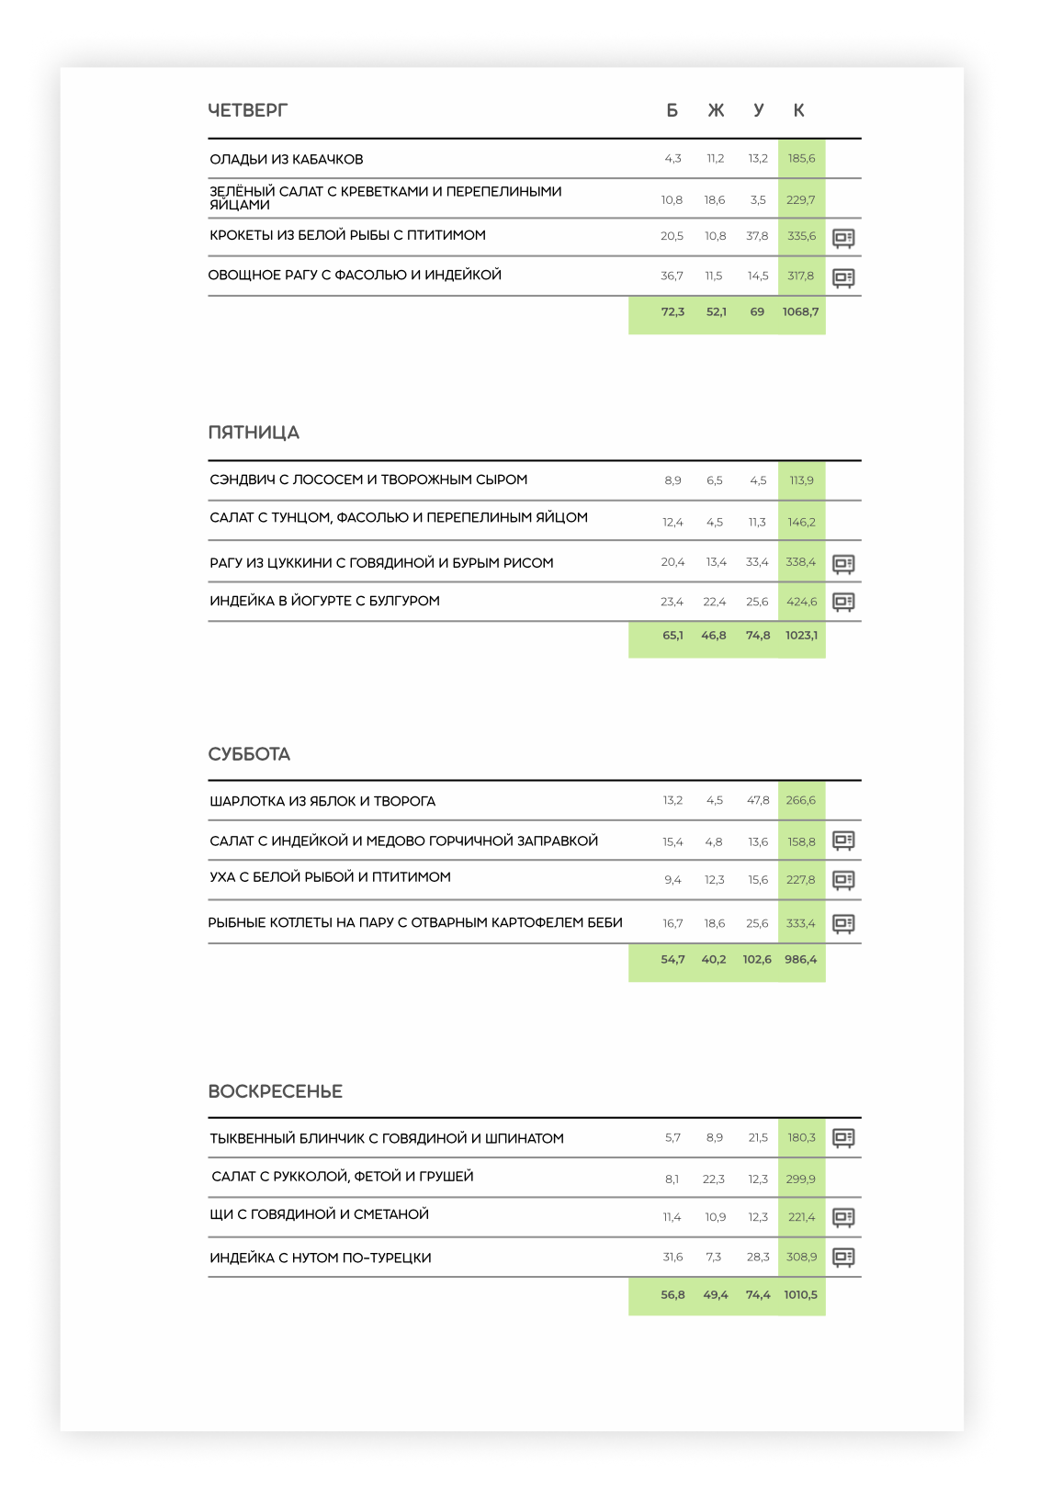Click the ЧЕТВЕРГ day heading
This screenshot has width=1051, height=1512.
point(247,110)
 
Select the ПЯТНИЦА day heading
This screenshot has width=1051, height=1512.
point(254,433)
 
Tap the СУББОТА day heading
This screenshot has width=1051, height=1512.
point(249,754)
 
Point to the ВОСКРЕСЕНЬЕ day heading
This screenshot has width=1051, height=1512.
point(275,1091)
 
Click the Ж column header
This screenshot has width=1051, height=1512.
point(716,110)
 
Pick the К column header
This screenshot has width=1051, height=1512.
point(798,110)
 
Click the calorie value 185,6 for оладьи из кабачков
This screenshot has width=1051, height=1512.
point(801,159)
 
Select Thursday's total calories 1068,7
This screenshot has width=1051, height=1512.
point(800,312)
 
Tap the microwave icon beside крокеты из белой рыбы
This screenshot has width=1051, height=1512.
point(843,238)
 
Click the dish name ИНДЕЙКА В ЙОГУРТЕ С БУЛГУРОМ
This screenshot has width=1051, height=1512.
point(324,601)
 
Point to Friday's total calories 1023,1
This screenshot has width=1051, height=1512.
point(801,636)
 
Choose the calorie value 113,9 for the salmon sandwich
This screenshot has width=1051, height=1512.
point(801,480)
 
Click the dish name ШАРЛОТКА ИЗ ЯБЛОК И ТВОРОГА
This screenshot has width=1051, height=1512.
point(322,801)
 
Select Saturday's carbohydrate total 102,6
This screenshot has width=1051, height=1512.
point(757,960)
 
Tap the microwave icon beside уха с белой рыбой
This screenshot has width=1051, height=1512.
point(843,880)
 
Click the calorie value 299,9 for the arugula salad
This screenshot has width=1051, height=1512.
point(801,1179)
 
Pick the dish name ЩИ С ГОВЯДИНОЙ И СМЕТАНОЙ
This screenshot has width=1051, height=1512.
point(319,1214)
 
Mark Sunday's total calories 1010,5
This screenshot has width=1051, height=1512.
point(800,1295)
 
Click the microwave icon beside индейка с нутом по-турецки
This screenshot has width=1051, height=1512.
point(843,1257)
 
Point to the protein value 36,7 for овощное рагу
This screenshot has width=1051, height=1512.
point(672,276)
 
